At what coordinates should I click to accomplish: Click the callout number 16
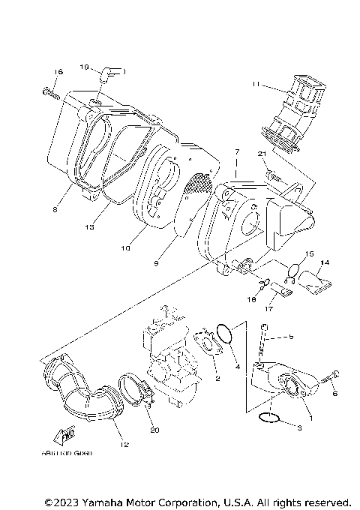click(x=58, y=72)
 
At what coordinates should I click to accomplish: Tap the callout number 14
click(x=325, y=262)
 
